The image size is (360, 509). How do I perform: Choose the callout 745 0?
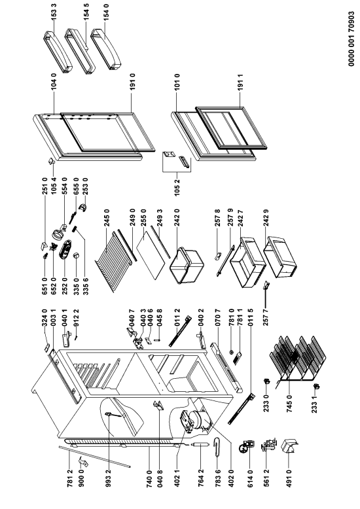[x=289, y=404]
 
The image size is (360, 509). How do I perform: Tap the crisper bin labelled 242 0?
[x=187, y=266]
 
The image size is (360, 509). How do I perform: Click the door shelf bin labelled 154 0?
[x=105, y=49]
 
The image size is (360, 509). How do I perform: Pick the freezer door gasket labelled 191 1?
[x=231, y=129]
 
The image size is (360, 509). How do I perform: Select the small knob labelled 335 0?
[x=77, y=256]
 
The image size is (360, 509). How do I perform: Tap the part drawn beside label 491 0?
[x=290, y=448]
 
